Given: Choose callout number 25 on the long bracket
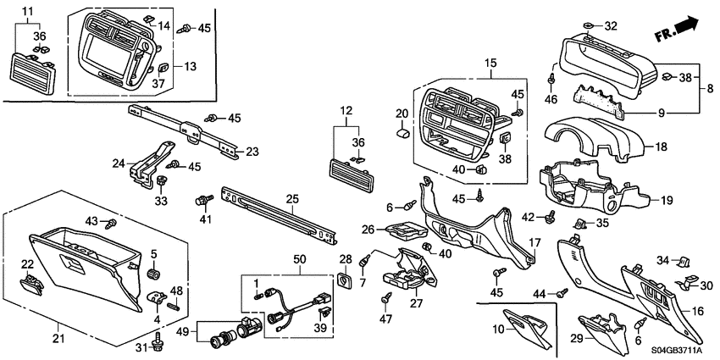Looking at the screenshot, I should click(291, 199).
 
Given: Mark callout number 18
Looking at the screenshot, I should click(662, 147).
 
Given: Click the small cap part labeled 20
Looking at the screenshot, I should click(403, 132).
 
